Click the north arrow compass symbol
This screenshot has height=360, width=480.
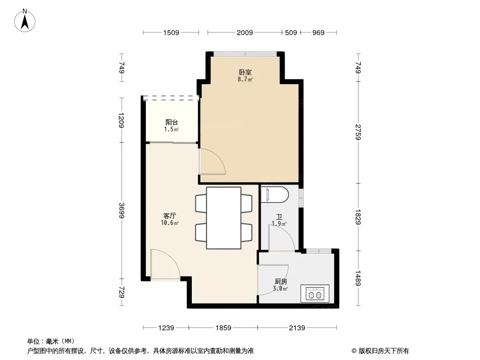pyautogui.click(x=25, y=21)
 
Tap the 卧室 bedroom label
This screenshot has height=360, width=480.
pyautogui.click(x=245, y=72)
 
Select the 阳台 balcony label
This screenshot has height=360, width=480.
pyautogui.click(x=172, y=122)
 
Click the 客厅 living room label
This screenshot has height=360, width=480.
pyautogui.click(x=170, y=216)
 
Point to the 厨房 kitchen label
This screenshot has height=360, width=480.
pyautogui.click(x=281, y=281)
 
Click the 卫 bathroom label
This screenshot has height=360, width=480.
pyautogui.click(x=279, y=217)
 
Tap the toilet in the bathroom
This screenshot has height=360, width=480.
pyautogui.click(x=275, y=195)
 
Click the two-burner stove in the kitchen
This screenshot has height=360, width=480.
pyautogui.click(x=315, y=294)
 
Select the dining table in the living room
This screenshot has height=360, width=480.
pyautogui.click(x=223, y=218)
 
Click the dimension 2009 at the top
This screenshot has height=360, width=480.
pyautogui.click(x=245, y=32)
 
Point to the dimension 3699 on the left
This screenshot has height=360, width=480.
pyautogui.click(x=122, y=211)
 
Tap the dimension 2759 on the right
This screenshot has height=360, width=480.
pyautogui.click(x=358, y=132)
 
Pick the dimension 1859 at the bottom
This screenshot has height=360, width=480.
pyautogui.click(x=223, y=328)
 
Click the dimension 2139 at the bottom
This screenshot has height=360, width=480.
pyautogui.click(x=297, y=328)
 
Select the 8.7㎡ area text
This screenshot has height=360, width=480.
pyautogui.click(x=245, y=80)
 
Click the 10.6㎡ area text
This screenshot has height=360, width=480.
pyautogui.click(x=170, y=223)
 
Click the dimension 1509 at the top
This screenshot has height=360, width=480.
pyautogui.click(x=171, y=32)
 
